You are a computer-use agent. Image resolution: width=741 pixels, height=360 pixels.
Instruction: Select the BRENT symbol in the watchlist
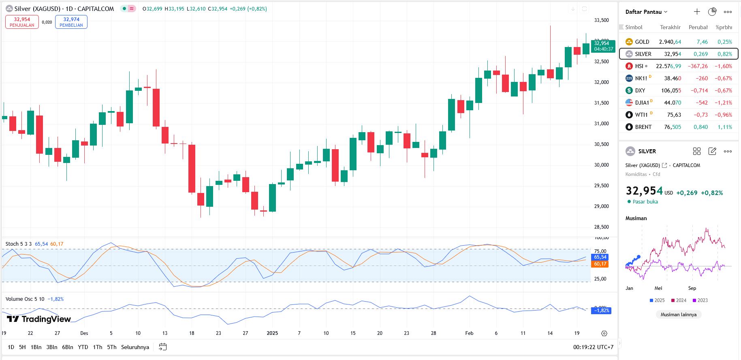click(643, 127)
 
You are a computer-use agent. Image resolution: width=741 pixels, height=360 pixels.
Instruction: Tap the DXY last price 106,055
click(671, 90)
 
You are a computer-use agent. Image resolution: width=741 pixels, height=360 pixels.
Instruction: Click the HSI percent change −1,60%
click(723, 66)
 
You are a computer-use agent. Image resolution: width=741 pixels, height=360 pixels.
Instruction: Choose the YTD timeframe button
click(83, 347)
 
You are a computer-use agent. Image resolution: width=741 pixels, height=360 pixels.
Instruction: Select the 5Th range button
click(111, 347)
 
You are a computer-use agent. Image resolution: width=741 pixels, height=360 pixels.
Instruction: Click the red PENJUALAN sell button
click(22, 22)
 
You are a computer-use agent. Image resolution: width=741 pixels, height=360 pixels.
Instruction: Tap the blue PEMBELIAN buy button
click(71, 22)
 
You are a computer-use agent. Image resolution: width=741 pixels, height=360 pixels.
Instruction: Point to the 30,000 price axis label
click(601, 165)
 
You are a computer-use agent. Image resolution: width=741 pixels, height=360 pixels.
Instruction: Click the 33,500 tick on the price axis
click(601, 20)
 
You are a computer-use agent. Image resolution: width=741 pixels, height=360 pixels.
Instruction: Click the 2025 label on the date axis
click(272, 333)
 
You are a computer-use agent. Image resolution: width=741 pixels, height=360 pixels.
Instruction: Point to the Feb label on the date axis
click(469, 333)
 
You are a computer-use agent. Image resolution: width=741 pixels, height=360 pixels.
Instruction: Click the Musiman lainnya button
click(678, 315)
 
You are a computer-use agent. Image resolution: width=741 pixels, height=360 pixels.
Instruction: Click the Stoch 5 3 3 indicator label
click(19, 244)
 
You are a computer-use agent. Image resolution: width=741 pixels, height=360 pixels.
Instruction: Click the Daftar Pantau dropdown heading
click(646, 12)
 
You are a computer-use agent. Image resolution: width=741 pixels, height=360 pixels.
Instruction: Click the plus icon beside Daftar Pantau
click(697, 12)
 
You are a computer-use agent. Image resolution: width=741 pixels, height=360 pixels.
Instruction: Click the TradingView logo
click(39, 319)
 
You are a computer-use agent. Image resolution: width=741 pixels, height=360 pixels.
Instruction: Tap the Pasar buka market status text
click(645, 202)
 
